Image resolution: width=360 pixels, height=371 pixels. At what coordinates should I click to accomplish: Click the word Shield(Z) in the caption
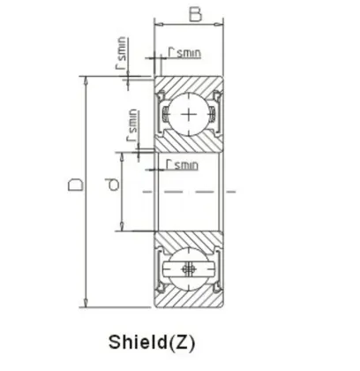coord(152,341)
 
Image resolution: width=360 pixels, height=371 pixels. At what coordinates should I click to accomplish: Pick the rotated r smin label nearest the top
coord(121,55)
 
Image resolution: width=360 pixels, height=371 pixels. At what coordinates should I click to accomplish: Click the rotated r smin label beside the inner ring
coord(132,125)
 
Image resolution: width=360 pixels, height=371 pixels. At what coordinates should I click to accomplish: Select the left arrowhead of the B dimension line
coord(158,26)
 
